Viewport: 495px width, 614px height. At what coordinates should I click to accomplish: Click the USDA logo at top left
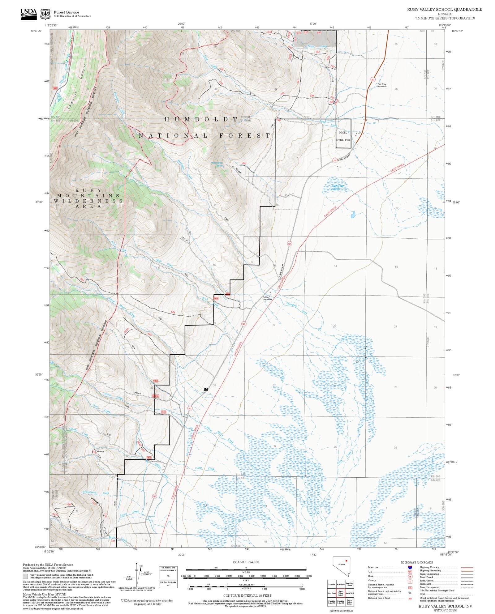(28, 14)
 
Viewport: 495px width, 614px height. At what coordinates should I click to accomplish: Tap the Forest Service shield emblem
(45, 14)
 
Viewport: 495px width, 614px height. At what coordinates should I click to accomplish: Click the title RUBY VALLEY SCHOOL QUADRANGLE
(444, 10)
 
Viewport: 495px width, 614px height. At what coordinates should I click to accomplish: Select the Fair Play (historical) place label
(382, 85)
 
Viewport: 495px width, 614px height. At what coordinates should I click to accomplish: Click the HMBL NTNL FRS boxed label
(343, 136)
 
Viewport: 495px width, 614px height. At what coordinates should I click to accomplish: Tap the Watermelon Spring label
(217, 164)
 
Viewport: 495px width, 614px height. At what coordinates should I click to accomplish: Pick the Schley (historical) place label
(267, 298)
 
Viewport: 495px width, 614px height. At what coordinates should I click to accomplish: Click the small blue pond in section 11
(353, 215)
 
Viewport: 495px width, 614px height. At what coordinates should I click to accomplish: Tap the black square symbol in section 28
(206, 389)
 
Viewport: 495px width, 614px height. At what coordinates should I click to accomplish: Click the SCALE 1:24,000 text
(246, 562)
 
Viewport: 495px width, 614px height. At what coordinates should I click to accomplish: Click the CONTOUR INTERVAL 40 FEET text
(247, 595)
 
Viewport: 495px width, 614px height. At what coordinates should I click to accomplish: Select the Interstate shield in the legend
(410, 568)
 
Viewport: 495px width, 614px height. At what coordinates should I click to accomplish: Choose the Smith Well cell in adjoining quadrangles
(350, 593)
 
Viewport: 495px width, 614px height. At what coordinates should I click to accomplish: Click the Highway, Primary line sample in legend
(467, 568)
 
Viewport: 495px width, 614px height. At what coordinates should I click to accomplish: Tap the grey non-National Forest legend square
(25, 576)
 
